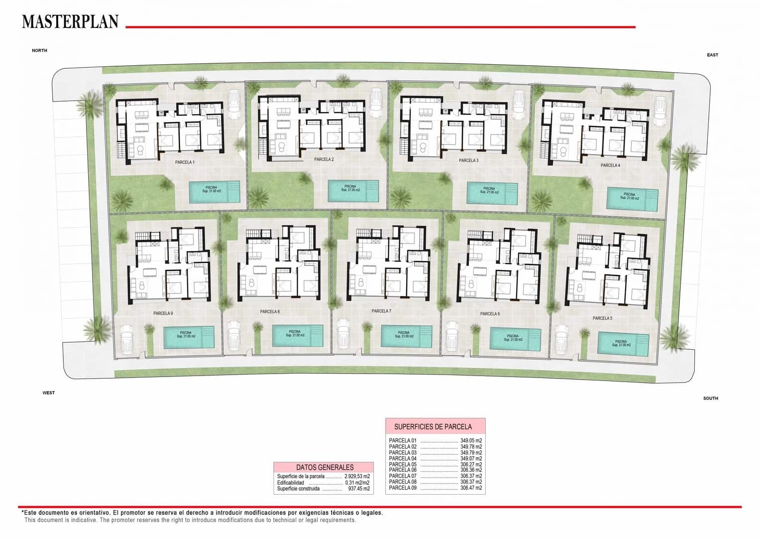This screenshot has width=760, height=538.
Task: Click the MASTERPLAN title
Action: click(x=70, y=21)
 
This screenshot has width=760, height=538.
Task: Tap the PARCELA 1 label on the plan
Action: click(x=185, y=162)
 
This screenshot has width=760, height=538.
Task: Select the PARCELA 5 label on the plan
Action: click(x=602, y=318)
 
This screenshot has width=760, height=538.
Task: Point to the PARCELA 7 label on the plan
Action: click(x=381, y=311)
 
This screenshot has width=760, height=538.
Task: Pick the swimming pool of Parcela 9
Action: click(x=189, y=337)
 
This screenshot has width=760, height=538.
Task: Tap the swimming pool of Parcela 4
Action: click(x=632, y=198)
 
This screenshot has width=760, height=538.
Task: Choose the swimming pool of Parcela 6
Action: click(x=515, y=339)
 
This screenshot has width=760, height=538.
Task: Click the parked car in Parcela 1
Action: click(x=234, y=103)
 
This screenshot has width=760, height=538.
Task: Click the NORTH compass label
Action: click(x=39, y=50)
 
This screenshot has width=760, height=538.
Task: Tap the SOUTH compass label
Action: click(x=710, y=398)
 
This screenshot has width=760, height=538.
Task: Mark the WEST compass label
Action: click(x=48, y=393)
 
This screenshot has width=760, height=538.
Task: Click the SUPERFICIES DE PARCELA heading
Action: click(x=433, y=426)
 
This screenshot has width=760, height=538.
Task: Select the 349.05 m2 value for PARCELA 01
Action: click(x=471, y=440)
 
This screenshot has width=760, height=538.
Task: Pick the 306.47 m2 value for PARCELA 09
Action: click(x=471, y=488)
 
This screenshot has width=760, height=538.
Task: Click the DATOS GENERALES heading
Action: click(x=325, y=467)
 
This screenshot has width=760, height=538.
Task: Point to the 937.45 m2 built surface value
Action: click(x=359, y=489)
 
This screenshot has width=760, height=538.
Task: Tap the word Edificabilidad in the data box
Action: click(x=290, y=483)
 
